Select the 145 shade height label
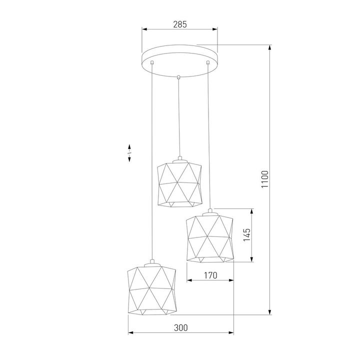click(x=245, y=235)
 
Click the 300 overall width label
click(x=180, y=328)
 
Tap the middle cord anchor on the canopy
click(x=178, y=77)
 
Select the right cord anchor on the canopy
click(x=207, y=63)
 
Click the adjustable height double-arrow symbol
click(x=129, y=152)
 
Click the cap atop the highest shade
click(x=178, y=159)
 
